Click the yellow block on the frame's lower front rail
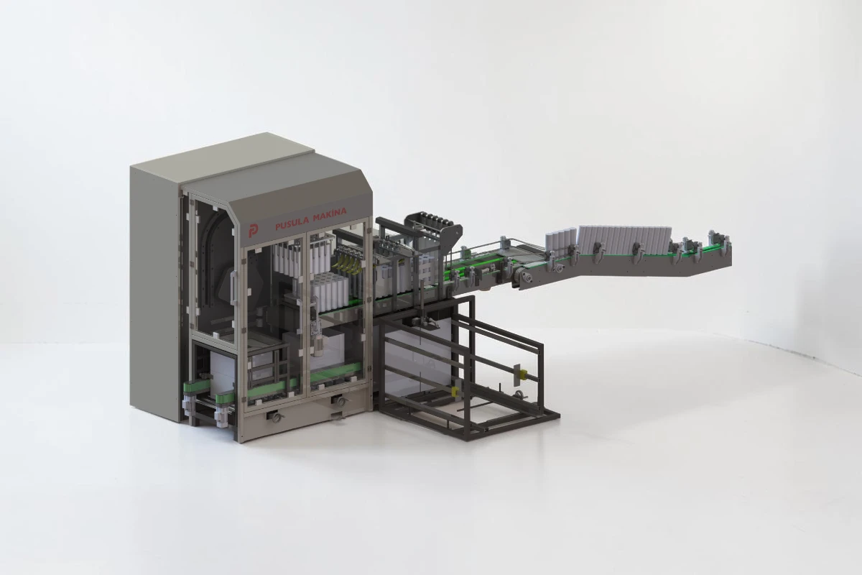coord(455,391)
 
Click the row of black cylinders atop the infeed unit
coord(434,219)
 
